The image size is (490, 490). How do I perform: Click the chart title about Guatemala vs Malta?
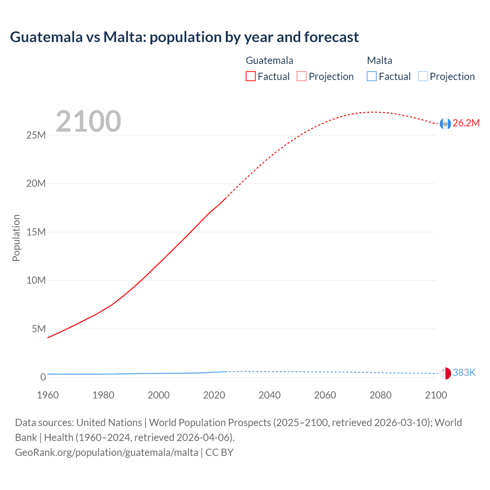(184, 37)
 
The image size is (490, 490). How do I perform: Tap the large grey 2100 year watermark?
(88, 121)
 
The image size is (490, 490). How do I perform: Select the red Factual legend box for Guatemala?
(250, 76)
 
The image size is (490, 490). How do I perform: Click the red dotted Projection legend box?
(302, 76)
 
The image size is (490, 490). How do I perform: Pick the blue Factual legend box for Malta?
(372, 76)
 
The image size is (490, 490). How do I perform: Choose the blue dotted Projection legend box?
(423, 76)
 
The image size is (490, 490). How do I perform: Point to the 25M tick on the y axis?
(36, 135)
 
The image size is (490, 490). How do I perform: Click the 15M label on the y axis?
(36, 232)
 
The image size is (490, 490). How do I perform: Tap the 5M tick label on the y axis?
(39, 329)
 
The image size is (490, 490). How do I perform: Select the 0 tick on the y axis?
(43, 377)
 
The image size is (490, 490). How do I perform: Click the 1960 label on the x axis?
(48, 395)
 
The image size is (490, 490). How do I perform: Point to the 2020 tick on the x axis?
(214, 395)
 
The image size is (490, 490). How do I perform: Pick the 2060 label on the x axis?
(325, 395)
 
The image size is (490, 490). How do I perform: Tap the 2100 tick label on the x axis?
(436, 395)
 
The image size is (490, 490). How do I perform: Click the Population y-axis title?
(16, 238)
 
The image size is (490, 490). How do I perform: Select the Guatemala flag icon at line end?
(445, 123)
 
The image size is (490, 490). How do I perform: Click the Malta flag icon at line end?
(445, 373)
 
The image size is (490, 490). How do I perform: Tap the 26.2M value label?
(466, 123)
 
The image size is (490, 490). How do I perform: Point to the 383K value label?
(464, 373)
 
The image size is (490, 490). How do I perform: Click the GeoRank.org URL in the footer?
(106, 452)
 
